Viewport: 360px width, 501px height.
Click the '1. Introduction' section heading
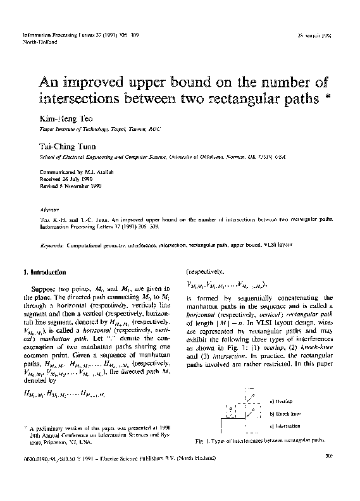coord(44,272)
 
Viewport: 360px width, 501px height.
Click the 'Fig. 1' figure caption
coord(260,438)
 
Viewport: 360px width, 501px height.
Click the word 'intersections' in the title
coord(80,100)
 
